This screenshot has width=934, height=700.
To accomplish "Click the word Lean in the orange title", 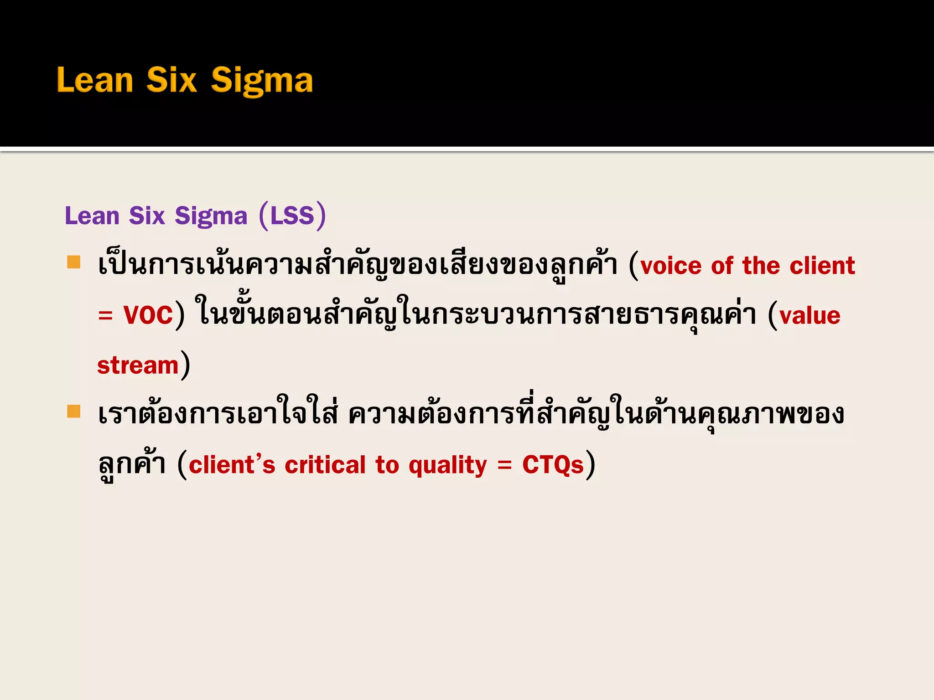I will [95, 80].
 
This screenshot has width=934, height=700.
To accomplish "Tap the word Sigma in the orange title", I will [262, 81].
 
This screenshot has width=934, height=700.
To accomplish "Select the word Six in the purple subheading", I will [146, 216].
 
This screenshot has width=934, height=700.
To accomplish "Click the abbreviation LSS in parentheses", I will [292, 216].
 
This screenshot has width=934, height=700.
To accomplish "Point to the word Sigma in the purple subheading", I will [211, 216].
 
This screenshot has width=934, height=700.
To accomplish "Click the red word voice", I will [671, 266].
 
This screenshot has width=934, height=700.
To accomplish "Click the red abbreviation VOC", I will [148, 315].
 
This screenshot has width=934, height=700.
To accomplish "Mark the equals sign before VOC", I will [105, 316].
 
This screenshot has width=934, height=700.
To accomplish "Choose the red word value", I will [810, 315].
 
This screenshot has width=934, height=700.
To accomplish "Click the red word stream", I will [138, 365].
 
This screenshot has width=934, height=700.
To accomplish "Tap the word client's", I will [232, 465].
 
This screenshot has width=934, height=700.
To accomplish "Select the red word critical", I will [325, 465].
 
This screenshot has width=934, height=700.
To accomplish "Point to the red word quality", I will [448, 466].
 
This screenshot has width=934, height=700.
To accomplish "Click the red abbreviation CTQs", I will [553, 465].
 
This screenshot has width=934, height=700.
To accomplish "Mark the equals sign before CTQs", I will [504, 466].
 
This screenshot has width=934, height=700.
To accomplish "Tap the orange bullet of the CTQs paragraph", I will [74, 411].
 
